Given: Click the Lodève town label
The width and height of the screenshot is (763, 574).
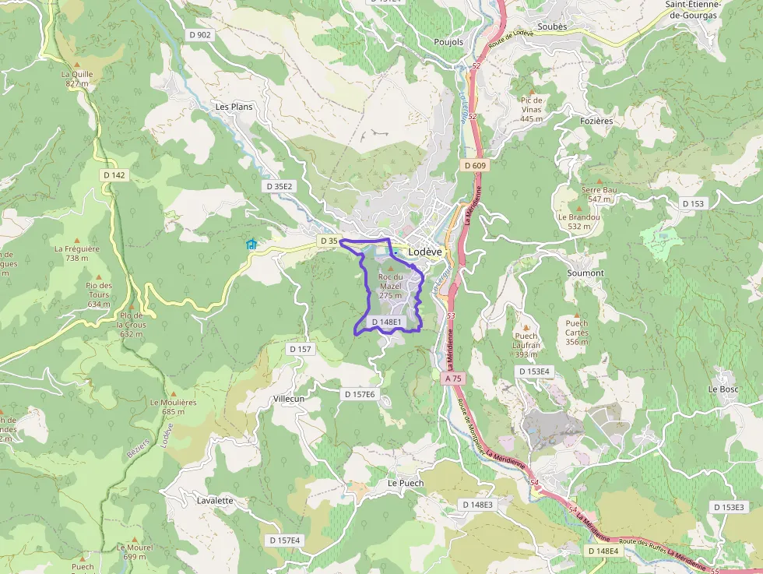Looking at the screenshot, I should [x=424, y=252].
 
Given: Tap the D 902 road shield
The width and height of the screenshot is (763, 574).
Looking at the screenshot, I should [x=200, y=35].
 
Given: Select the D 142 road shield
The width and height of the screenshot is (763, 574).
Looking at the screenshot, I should [x=114, y=175].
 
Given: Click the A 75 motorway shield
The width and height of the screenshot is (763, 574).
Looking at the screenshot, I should [x=454, y=378].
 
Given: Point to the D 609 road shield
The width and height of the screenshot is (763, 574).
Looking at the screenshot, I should [x=474, y=165].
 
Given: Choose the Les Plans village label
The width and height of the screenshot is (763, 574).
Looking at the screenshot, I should [x=234, y=107].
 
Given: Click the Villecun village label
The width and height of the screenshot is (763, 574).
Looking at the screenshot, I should [x=289, y=398].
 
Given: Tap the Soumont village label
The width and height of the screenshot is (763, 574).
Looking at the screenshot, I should [x=585, y=273].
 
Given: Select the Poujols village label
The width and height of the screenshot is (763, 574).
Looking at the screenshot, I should [x=448, y=42].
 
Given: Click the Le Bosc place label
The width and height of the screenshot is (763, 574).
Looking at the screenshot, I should [x=723, y=389].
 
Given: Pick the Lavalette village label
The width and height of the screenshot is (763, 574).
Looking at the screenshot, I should [x=216, y=500].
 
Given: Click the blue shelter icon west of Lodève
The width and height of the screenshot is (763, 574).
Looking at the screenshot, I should [x=251, y=245].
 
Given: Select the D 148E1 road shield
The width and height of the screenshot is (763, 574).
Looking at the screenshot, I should [x=386, y=322].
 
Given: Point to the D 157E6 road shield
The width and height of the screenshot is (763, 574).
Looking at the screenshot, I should [x=360, y=395].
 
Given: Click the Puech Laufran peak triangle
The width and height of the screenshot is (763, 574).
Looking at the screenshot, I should [x=526, y=328].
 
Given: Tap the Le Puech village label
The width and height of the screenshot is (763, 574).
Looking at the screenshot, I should [x=406, y=483].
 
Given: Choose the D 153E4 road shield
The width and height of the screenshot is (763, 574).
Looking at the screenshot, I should [x=534, y=372].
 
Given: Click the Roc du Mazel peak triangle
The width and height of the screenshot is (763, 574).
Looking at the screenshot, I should [x=391, y=267].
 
